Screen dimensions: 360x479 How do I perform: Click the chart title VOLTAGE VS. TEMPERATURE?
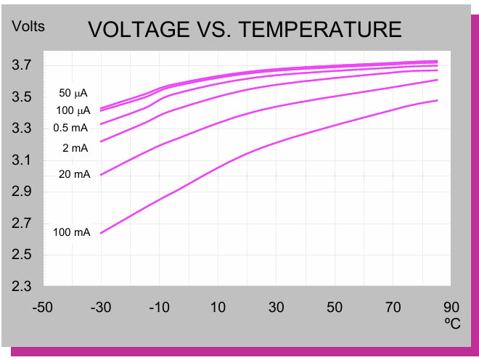coord(245,30)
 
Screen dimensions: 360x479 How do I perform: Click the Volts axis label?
coord(28,27)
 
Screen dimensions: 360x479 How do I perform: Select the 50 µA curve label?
coord(75,93)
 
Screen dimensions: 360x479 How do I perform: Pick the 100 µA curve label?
coord(75,110)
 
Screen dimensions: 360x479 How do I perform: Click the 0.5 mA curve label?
coord(70,128)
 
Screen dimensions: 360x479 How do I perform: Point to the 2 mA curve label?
coord(75,148)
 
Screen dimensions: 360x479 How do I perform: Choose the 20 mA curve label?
coord(75,174)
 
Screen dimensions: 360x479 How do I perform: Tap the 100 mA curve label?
coord(72,232)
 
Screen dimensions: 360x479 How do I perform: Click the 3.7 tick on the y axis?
coord(22,66)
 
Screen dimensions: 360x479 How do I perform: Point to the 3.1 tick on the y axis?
coord(22,160)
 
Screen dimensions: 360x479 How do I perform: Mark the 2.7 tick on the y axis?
coord(22,224)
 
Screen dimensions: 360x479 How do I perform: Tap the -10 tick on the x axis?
coord(159,307)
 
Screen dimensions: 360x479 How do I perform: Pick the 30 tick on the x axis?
coord(276,307)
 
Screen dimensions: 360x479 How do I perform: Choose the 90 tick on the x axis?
coord(451,307)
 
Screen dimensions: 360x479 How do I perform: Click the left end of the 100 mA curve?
coord(101,233)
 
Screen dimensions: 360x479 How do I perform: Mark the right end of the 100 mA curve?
coord(437,100)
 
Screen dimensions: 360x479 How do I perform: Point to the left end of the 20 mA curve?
coord(101,175)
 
